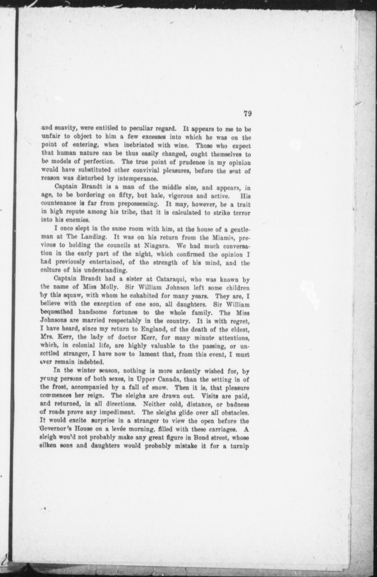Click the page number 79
pos(247,114)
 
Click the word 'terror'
pos(241,213)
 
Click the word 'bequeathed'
pos(56,313)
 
